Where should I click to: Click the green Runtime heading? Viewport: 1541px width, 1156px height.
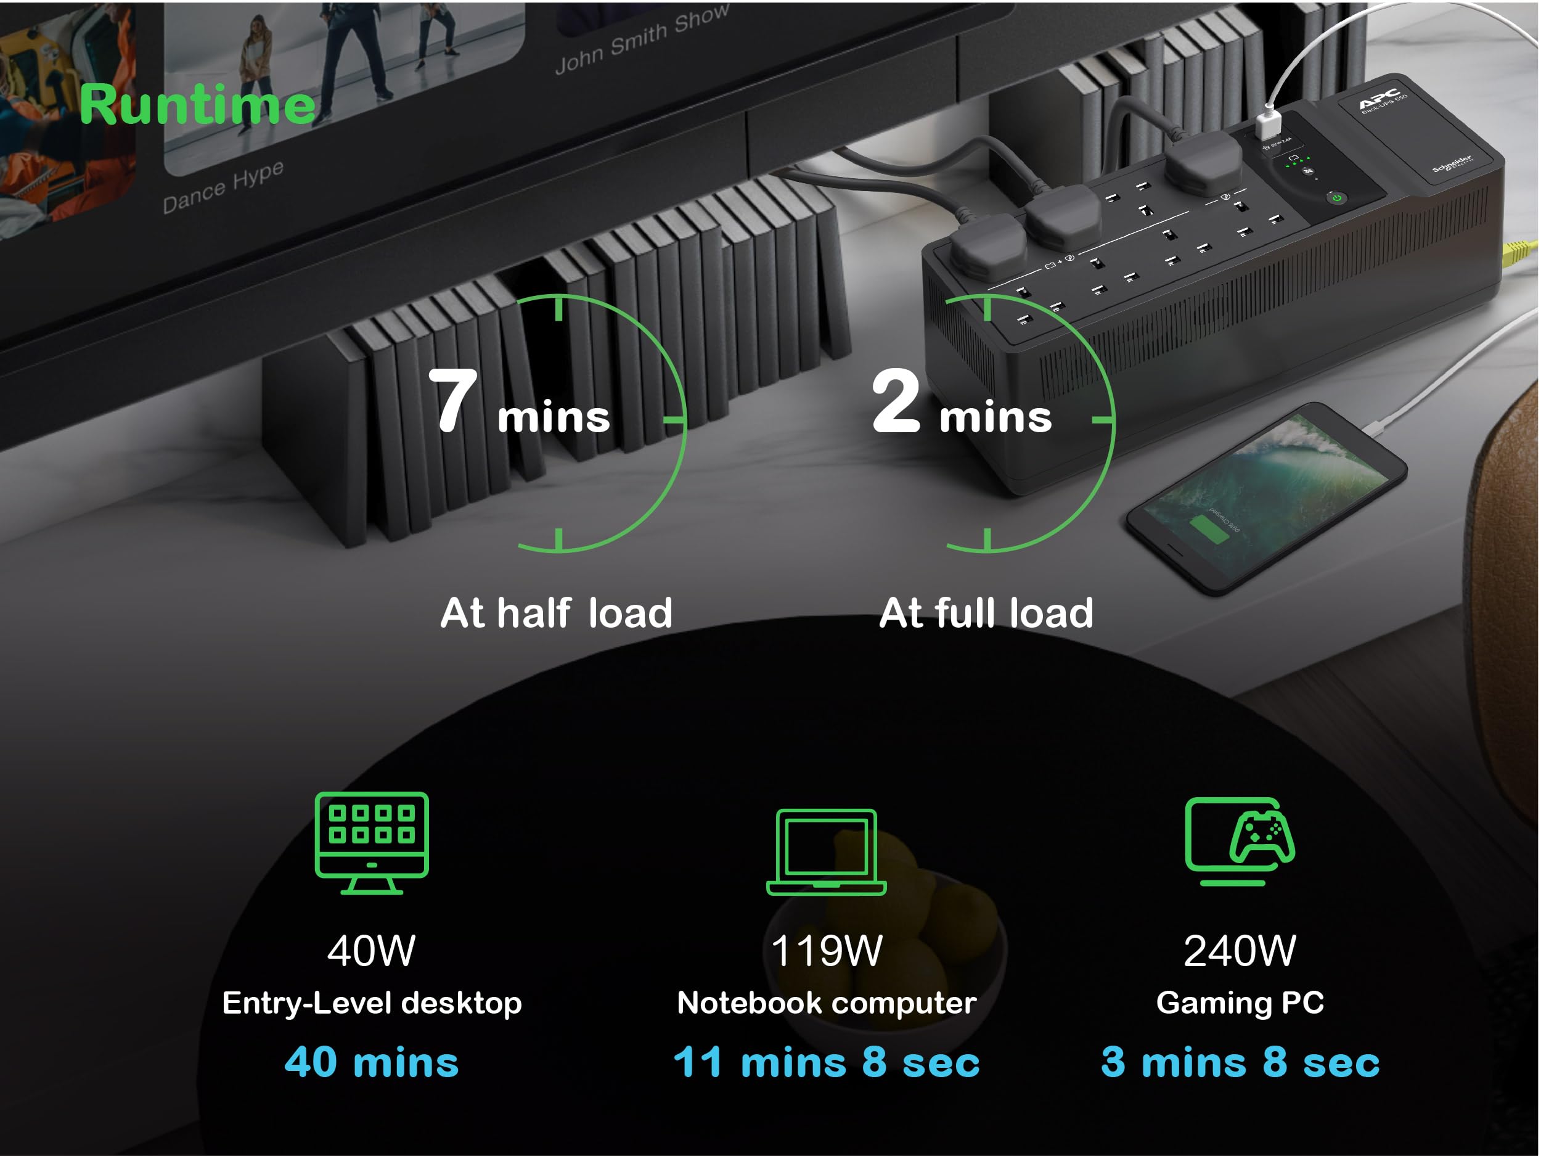197,105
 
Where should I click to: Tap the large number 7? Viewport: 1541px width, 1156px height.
454,401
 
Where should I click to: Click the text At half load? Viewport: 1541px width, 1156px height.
556,613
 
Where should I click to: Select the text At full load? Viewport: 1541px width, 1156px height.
986,613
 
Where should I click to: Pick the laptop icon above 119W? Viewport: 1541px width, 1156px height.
826,851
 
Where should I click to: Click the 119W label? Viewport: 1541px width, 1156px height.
826,951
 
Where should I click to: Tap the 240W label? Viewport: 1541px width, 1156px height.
1240,951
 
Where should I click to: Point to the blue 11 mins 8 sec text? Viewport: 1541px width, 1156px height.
826,1062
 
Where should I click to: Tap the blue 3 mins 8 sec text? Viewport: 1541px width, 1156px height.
1240,1062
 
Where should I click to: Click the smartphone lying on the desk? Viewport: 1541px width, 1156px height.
1267,498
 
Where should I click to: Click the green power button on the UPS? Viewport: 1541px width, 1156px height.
1337,199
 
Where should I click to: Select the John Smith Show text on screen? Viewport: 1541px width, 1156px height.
642,38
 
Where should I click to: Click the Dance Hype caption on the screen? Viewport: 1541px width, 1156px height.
223,187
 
